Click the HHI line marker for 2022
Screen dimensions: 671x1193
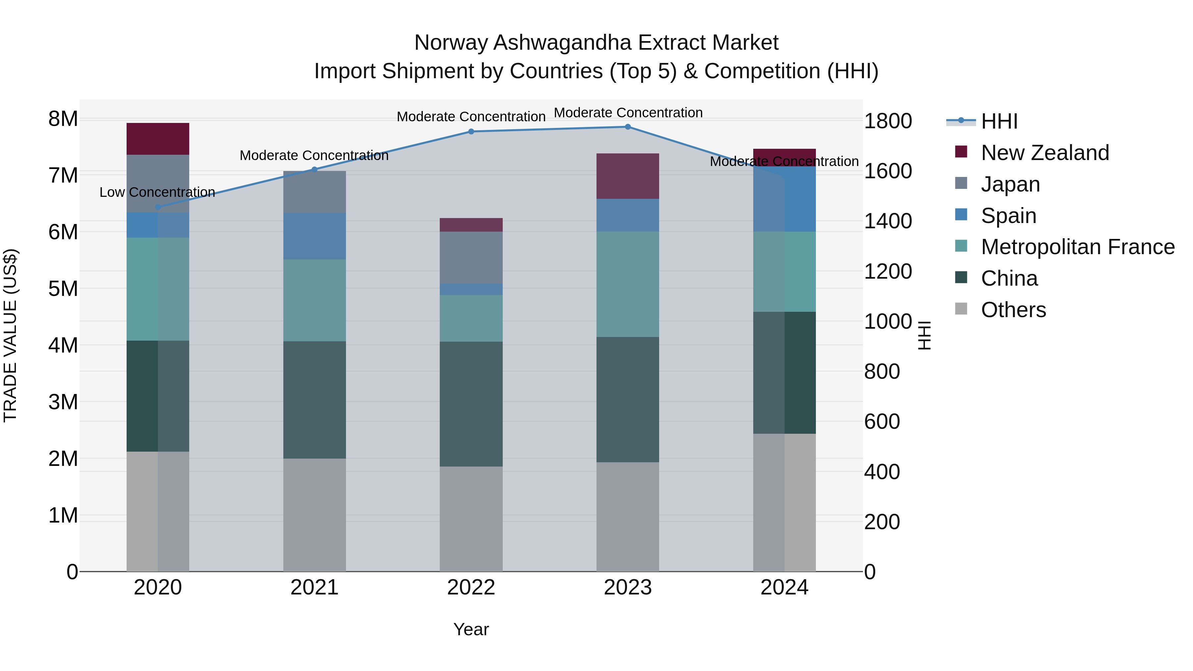[471, 132]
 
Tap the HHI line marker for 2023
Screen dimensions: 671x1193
[628, 127]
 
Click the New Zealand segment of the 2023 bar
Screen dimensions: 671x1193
[628, 176]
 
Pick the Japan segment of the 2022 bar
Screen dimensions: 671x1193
[471, 257]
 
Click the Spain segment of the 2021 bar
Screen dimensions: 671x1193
[314, 236]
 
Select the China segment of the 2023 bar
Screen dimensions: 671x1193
[628, 399]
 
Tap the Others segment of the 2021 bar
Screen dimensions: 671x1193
[314, 515]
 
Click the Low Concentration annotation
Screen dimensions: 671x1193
[157, 192]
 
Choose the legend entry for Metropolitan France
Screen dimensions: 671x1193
[1077, 247]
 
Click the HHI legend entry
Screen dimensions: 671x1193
[999, 121]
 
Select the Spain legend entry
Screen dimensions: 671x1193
[1008, 216]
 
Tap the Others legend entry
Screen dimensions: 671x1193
[1013, 310]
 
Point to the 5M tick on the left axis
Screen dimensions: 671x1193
[63, 289]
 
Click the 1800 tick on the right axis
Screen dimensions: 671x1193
[888, 121]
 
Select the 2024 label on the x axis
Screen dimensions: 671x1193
[784, 587]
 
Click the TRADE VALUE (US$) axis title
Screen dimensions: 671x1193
[10, 335]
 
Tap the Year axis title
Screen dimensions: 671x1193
[471, 629]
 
